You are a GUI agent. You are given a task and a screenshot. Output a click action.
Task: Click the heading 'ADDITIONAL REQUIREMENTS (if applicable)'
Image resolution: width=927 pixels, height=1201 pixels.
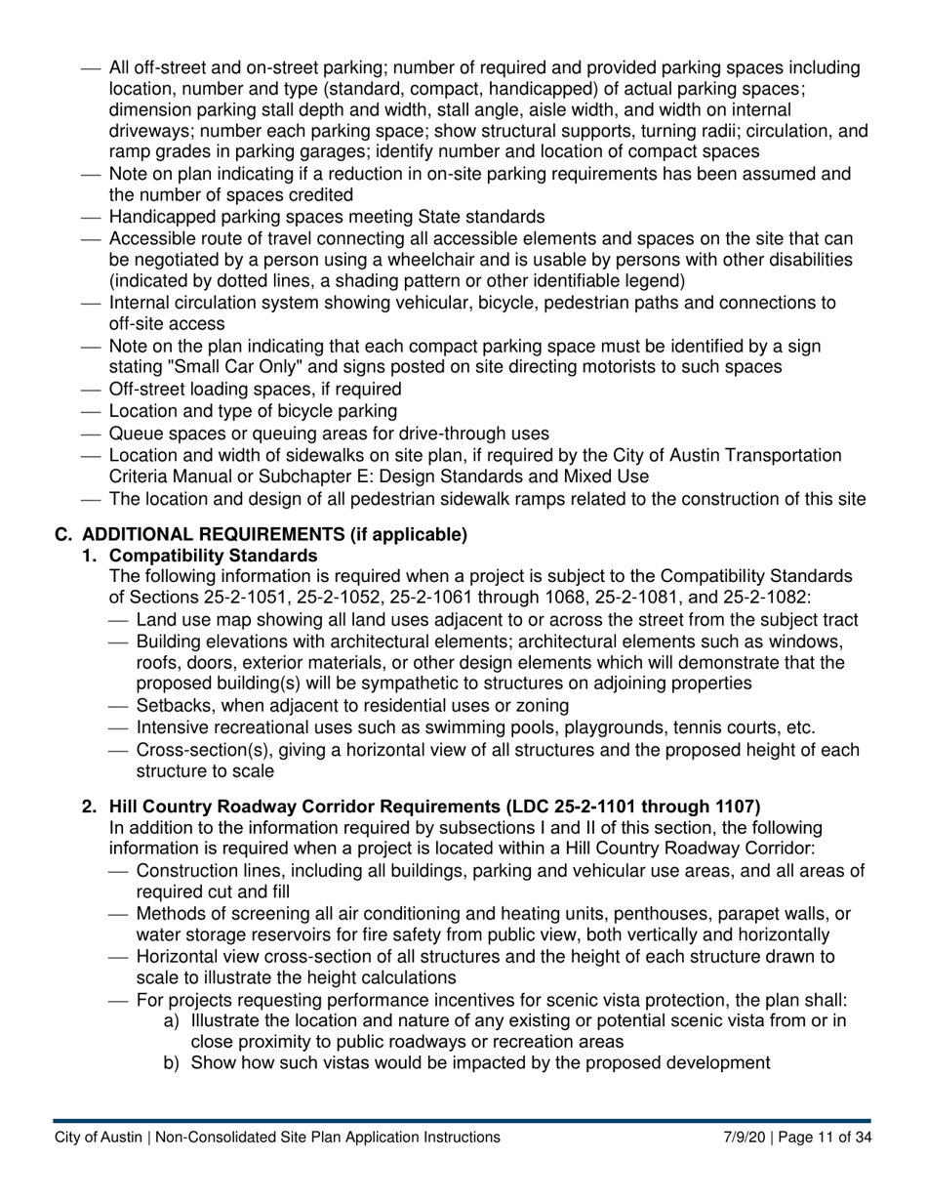coord(274,534)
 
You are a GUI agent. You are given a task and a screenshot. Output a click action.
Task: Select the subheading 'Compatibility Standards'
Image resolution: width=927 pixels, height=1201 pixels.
coord(213,556)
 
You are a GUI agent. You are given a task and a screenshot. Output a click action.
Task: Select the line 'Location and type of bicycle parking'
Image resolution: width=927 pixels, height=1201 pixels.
coord(253,411)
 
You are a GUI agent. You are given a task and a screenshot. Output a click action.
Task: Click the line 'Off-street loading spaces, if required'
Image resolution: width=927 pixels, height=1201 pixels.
coord(255,389)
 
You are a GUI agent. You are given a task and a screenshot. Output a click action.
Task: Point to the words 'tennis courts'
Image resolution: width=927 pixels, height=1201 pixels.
coord(722,727)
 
